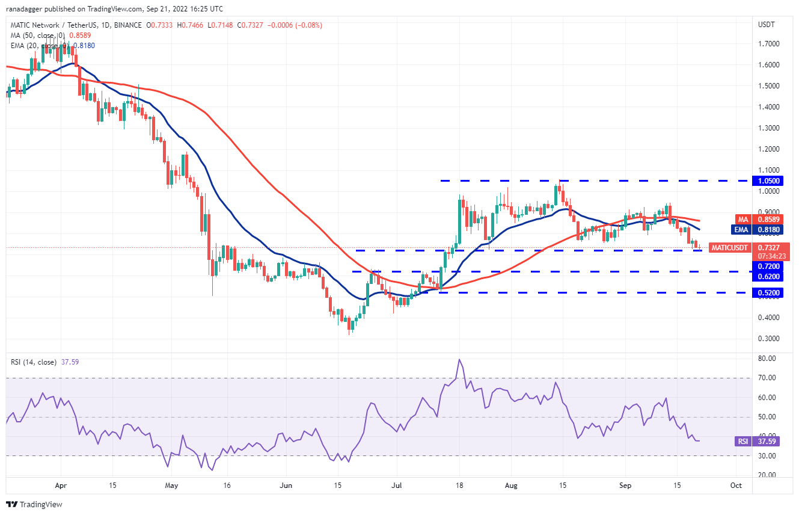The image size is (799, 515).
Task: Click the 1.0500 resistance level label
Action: [x=769, y=180]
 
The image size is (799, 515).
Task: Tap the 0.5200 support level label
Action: [x=769, y=293]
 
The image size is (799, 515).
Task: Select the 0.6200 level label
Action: [x=769, y=277]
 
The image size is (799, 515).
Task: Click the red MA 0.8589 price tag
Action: [x=769, y=220]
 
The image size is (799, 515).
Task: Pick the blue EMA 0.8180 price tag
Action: [x=769, y=229]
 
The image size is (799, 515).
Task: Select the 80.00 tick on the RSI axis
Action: [x=767, y=359]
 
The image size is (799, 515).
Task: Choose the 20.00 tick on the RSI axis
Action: [x=767, y=475]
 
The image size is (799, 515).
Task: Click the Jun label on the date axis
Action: [x=286, y=486]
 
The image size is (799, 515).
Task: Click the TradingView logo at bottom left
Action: [x=34, y=504]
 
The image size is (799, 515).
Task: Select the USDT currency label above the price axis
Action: [x=767, y=25]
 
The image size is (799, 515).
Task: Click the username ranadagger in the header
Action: [x=31, y=8]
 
